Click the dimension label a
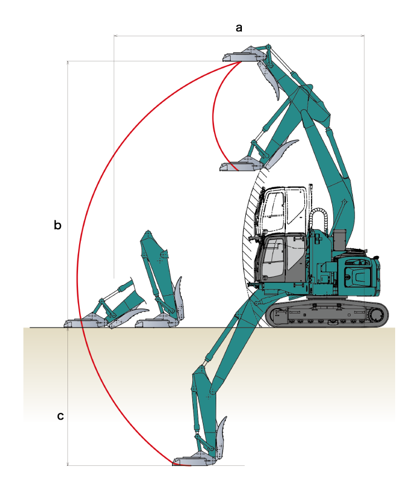(239, 28)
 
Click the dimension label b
(57, 225)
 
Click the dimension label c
(60, 416)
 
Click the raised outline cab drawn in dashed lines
(281, 210)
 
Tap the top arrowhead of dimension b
(67, 62)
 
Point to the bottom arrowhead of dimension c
(67, 464)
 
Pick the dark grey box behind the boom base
(340, 240)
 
